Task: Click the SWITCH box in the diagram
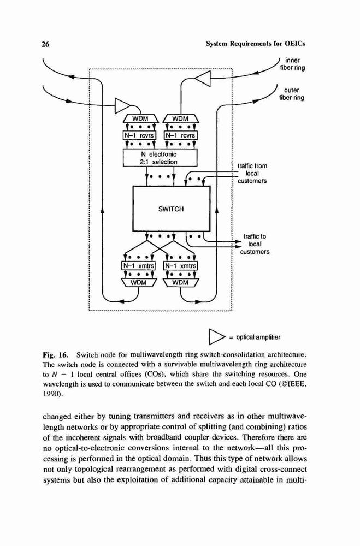tap(171, 209)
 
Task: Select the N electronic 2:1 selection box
tap(160, 158)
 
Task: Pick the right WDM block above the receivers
tap(180, 118)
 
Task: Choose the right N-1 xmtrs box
tap(180, 266)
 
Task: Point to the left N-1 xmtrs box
tap(138, 266)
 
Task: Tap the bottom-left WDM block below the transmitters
tap(138, 282)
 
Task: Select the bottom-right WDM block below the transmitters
tap(180, 282)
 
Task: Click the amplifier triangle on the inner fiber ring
tap(204, 79)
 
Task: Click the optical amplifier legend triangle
tap(216, 337)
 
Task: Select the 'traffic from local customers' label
tap(252, 174)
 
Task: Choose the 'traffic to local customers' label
tap(255, 244)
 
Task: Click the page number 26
tap(46, 44)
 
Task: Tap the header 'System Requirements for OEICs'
tap(256, 44)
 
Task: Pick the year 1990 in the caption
tap(51, 395)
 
